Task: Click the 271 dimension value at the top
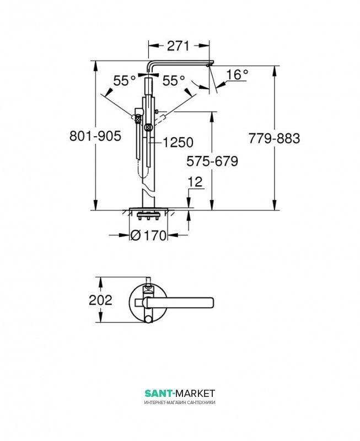point(179,46)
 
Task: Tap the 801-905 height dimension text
point(95,136)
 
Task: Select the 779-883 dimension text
point(274,138)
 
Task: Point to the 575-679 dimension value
point(212,161)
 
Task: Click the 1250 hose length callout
point(178,142)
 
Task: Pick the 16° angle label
point(238,75)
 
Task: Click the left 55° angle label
point(125,80)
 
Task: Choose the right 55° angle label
point(174,80)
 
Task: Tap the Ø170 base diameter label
point(149,235)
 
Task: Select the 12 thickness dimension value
point(195,182)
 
